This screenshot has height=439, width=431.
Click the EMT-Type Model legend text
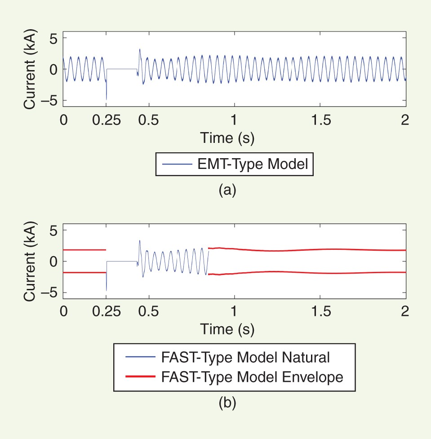(253, 164)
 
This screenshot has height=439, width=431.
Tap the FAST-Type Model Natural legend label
(245, 357)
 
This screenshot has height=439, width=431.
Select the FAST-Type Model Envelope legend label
(252, 377)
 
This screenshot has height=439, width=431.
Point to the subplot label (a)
(227, 191)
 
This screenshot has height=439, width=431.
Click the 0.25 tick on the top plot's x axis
(106, 120)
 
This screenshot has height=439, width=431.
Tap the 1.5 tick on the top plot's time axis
(320, 120)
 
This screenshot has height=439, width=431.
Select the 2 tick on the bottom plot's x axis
(405, 312)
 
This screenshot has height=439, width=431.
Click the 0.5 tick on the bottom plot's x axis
(149, 312)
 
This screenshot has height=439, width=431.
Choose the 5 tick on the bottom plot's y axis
(53, 230)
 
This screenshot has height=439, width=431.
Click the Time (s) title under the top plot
(227, 137)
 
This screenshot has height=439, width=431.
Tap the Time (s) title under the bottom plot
(227, 330)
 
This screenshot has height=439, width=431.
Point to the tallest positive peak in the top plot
(140, 49)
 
